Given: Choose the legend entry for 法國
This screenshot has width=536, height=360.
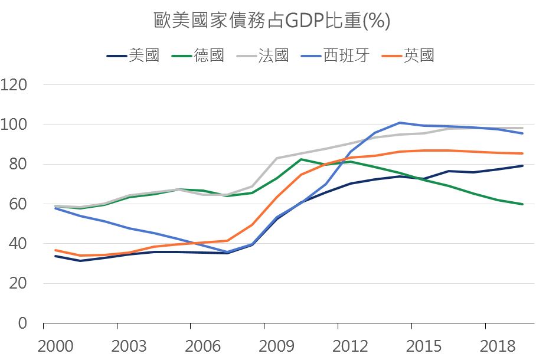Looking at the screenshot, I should click(273, 56).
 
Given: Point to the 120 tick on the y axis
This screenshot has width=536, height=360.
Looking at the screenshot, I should click(15, 85).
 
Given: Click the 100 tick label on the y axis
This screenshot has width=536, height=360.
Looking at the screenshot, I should click(15, 125).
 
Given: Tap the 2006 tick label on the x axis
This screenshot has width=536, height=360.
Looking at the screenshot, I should click(191, 346).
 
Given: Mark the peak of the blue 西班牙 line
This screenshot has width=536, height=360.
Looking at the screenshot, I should click(400, 123).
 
